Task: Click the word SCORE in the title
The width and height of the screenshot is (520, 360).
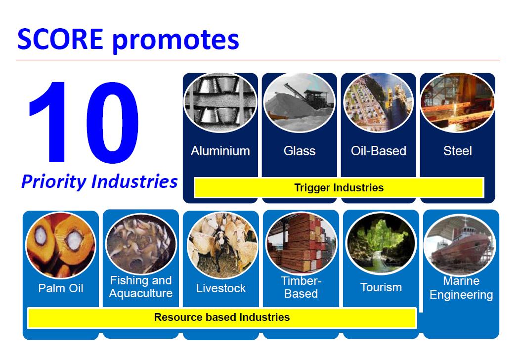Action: pyautogui.click(x=60, y=39)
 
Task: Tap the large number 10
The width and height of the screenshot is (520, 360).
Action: pyautogui.click(x=84, y=122)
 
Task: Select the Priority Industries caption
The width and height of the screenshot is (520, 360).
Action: pyautogui.click(x=99, y=181)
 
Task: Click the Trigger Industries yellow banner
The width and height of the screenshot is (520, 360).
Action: pyautogui.click(x=339, y=187)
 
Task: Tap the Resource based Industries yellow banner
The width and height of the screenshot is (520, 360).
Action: pyautogui.click(x=222, y=317)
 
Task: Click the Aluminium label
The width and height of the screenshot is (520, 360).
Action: pyautogui.click(x=220, y=151)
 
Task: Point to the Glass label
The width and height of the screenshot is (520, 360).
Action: pyautogui.click(x=300, y=151)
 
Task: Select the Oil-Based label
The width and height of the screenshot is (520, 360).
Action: pyautogui.click(x=379, y=151)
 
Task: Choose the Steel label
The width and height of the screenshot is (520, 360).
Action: pyautogui.click(x=458, y=151)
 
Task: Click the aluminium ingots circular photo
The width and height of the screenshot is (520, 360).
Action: pyautogui.click(x=220, y=102)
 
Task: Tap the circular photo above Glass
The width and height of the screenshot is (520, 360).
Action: pyautogui.click(x=300, y=102)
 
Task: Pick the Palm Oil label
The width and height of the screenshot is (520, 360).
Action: pyautogui.click(x=61, y=288)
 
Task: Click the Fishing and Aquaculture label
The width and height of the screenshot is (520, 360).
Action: pyautogui.click(x=141, y=287)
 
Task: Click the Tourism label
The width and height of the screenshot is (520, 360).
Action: pyautogui.click(x=381, y=287)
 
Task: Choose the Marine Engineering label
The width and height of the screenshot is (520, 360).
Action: pyautogui.click(x=461, y=288)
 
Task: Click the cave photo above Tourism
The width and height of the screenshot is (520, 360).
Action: pyautogui.click(x=381, y=243)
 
